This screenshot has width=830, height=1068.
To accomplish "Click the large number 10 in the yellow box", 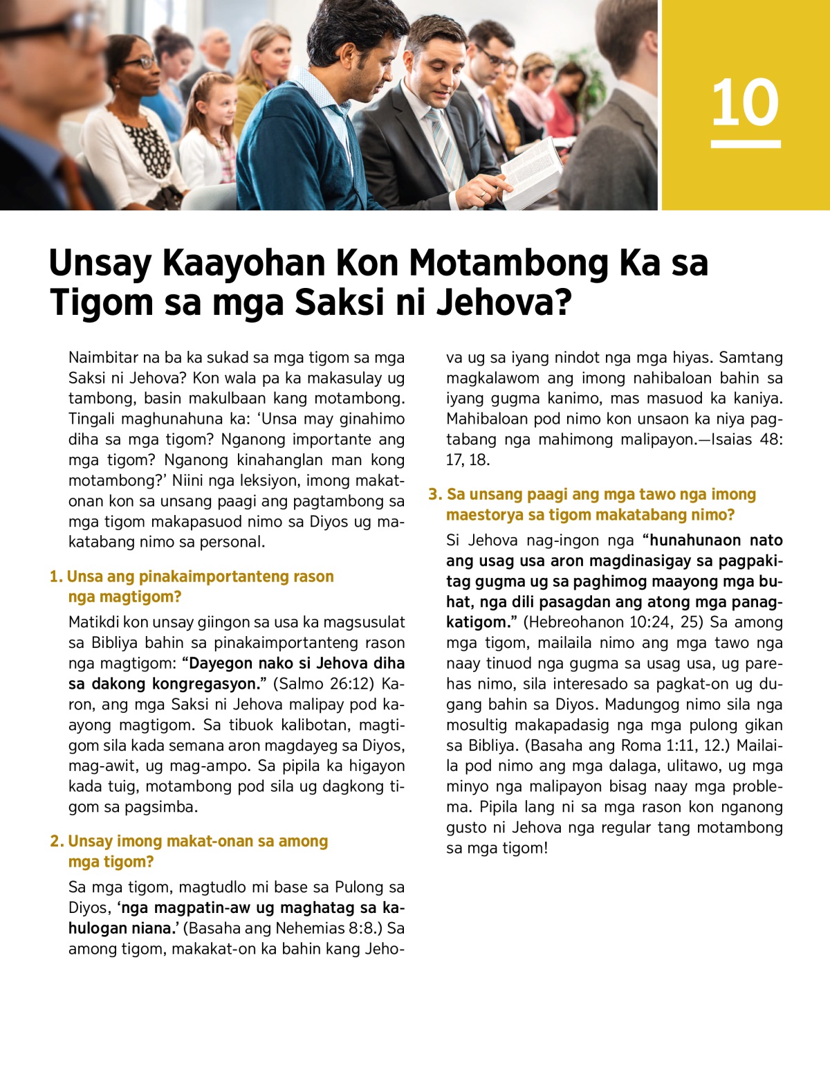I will tap(745, 102).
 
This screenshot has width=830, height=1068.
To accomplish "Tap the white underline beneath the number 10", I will tap(746, 144).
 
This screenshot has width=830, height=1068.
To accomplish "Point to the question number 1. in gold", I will tap(56, 577).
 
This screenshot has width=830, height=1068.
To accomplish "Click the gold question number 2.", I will tap(57, 842).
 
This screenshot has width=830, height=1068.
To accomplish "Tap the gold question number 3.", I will tap(434, 494).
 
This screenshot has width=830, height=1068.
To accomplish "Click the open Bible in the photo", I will tap(531, 170).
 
